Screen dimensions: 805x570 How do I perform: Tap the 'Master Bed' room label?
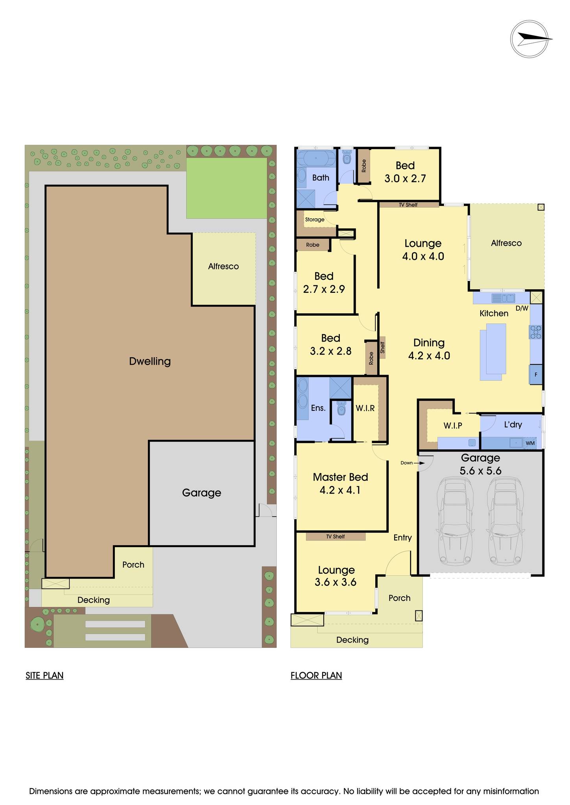[340, 477]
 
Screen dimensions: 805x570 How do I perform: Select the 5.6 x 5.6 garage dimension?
[480, 471]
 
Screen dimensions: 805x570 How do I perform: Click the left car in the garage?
[456, 520]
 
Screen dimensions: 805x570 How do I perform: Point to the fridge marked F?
[536, 375]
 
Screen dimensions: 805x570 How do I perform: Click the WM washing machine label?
[530, 443]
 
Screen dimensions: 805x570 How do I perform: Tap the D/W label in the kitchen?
[522, 309]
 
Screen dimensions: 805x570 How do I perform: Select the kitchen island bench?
[493, 351]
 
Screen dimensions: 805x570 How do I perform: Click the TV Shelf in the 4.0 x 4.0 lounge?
[408, 205]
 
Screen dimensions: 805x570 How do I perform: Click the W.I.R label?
[365, 408]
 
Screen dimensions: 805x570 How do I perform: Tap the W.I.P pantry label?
[453, 425]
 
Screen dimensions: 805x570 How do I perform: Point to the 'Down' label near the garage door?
[407, 463]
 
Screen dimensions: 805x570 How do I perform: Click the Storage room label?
[315, 219]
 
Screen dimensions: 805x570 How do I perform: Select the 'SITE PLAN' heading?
[44, 675]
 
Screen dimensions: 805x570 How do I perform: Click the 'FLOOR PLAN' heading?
[316, 675]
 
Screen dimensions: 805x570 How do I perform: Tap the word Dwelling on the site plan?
[150, 361]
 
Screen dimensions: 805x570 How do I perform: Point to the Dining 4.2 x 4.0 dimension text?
[429, 356]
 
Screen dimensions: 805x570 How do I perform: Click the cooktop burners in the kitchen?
[536, 332]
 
